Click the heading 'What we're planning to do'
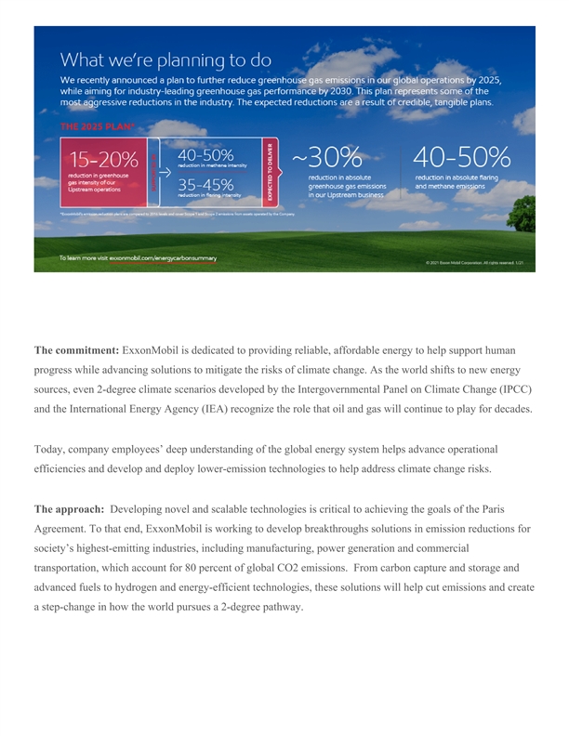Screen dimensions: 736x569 [x=166, y=60]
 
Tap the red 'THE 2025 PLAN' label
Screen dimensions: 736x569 [x=97, y=126]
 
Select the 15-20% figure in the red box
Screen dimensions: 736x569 [x=103, y=159]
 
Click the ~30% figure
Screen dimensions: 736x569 [x=326, y=157]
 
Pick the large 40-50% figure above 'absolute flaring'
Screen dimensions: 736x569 [x=461, y=157]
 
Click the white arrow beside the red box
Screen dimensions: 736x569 [x=164, y=172]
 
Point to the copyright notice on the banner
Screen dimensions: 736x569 [x=474, y=263]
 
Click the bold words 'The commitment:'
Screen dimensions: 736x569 [x=76, y=350]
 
